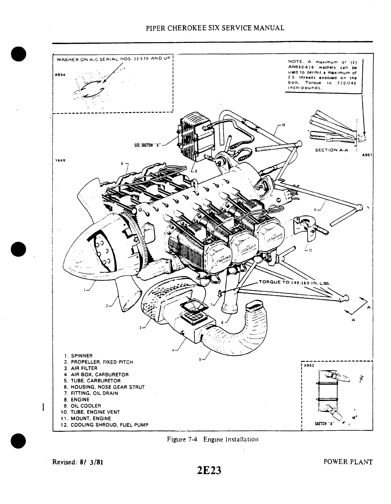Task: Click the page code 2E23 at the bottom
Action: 209,471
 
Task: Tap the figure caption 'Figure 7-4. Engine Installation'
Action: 212,439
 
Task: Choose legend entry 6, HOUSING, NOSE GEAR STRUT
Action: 104,387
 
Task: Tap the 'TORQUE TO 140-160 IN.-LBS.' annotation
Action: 295,282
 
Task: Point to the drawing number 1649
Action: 60,160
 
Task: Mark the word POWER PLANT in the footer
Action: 348,462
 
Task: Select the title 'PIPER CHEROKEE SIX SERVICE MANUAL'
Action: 215,28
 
